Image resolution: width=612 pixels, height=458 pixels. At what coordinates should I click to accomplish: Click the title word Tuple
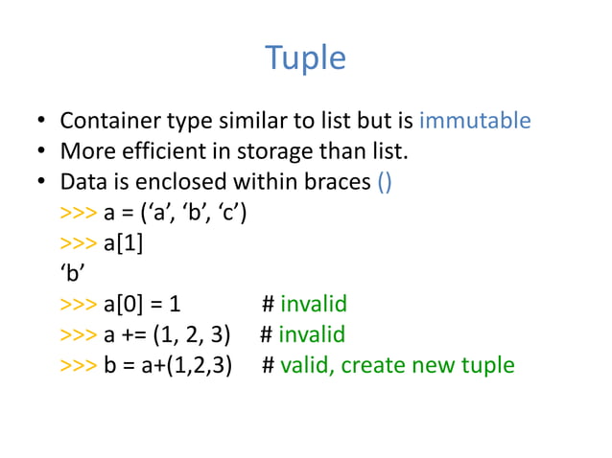(305, 58)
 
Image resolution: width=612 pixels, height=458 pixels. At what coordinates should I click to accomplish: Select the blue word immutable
(475, 122)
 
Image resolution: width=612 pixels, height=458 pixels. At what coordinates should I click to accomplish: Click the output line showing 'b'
(68, 274)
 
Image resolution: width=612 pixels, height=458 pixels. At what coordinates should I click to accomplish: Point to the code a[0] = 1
(141, 305)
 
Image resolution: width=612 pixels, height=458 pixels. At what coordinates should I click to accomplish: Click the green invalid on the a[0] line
(313, 305)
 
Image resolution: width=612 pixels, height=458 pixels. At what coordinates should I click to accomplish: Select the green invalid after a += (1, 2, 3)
(312, 335)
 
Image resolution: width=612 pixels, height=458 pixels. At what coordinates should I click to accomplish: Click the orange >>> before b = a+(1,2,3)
(77, 366)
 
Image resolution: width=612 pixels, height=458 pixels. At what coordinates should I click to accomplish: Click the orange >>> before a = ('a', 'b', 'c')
(77, 213)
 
